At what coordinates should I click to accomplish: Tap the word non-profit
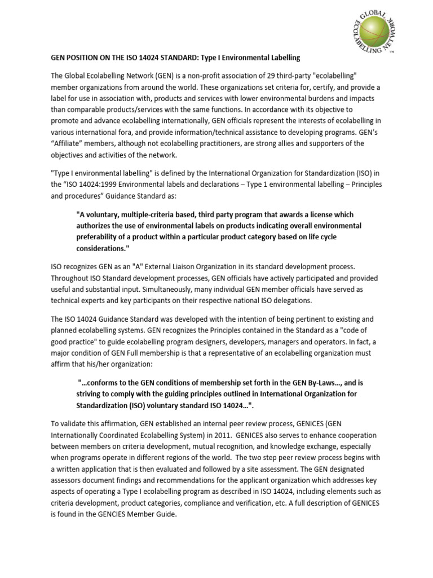pyautogui.click(x=195, y=76)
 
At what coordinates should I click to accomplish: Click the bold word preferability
pyautogui.click(x=100, y=237)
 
